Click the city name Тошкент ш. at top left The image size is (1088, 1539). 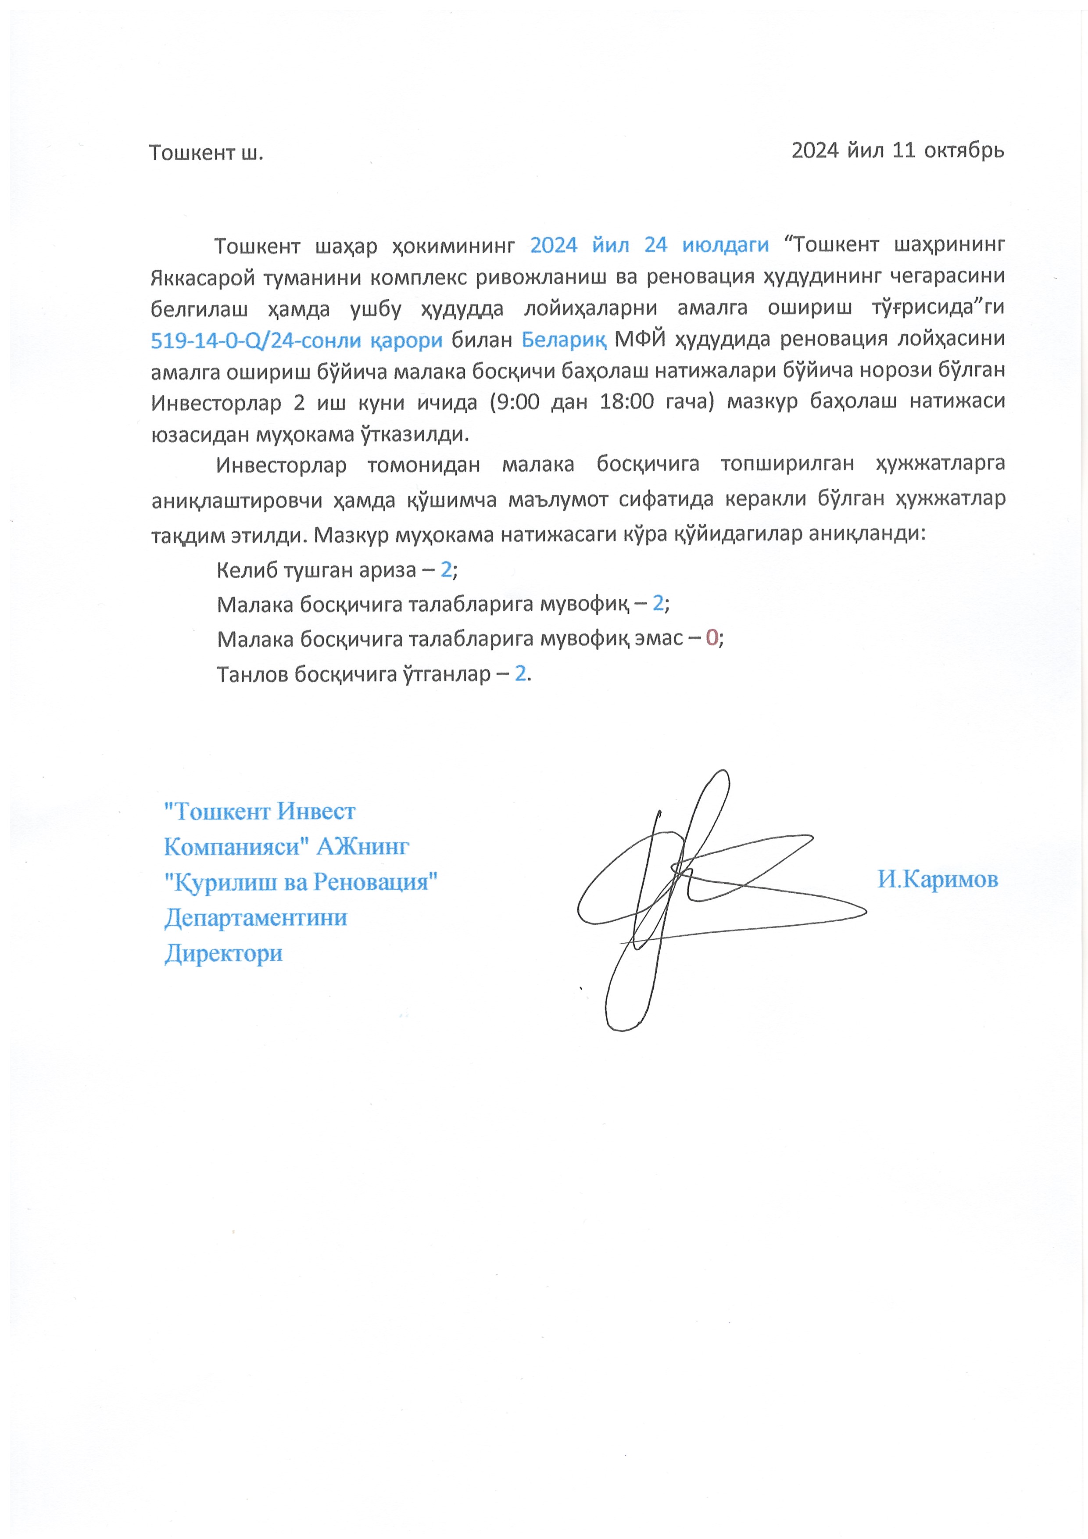206,153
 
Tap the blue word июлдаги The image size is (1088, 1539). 725,245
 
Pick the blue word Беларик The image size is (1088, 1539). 564,340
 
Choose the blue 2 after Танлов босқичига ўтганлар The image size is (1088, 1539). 520,673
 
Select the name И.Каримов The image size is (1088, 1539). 937,879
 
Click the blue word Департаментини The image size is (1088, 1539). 255,917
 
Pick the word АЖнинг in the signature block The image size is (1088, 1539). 363,847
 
